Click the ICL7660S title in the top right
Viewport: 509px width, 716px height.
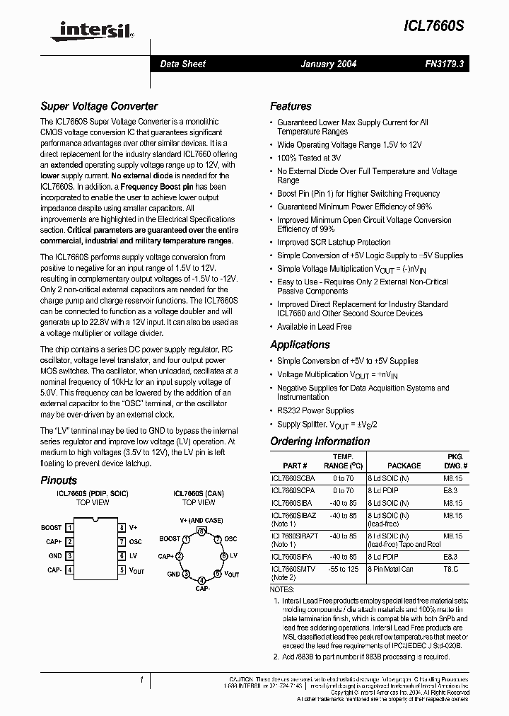[435, 25]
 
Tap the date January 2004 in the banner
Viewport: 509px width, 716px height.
[329, 64]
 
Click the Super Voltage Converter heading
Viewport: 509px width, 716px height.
[98, 106]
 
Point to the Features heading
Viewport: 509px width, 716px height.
[291, 106]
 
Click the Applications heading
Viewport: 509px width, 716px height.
[300, 345]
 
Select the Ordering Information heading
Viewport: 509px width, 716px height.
[320, 441]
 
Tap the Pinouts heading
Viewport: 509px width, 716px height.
[59, 480]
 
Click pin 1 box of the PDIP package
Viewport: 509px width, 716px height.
[69, 528]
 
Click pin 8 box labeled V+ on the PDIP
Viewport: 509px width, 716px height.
[122, 528]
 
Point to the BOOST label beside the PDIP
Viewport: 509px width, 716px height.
[52, 528]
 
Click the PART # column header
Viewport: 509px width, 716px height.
[294, 466]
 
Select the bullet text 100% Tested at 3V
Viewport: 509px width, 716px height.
[309, 158]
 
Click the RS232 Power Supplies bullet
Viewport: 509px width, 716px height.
[315, 410]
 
